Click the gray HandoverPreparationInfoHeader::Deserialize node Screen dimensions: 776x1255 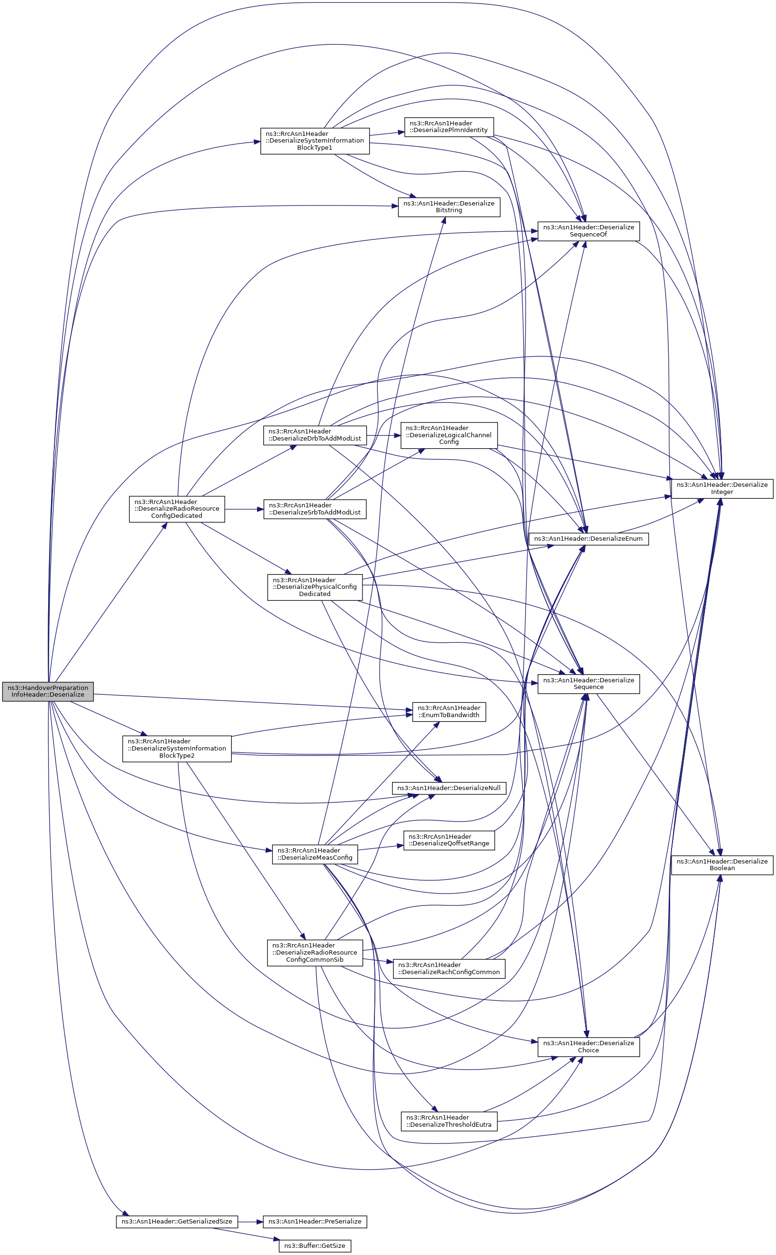[x=48, y=691]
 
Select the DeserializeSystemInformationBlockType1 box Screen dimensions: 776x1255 [x=315, y=141]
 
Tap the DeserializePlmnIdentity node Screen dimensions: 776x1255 [x=449, y=127]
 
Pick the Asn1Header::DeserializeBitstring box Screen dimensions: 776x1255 [x=449, y=207]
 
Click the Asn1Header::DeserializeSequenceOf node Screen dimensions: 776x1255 [x=589, y=231]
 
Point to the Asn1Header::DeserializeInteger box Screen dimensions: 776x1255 [x=722, y=488]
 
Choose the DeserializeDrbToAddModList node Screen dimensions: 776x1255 [x=315, y=435]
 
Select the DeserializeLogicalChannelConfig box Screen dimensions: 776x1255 [x=449, y=435]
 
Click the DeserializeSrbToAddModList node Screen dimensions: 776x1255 [x=315, y=509]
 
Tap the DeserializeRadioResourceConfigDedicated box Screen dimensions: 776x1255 [x=177, y=509]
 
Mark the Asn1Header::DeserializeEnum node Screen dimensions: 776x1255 [x=589, y=539]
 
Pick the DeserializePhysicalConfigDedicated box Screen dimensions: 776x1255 [x=315, y=587]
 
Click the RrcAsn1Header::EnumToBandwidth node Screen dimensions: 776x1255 [x=449, y=711]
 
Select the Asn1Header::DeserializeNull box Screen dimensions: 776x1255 [x=449, y=788]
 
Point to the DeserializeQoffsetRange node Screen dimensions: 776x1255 [x=449, y=841]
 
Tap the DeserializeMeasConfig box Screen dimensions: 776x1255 [x=315, y=854]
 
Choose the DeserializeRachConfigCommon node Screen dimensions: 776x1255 [x=449, y=969]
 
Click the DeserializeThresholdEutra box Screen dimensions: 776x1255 [x=449, y=1121]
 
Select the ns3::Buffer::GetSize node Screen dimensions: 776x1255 [x=315, y=1246]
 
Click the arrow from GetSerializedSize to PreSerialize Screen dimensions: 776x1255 [x=250, y=1222]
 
